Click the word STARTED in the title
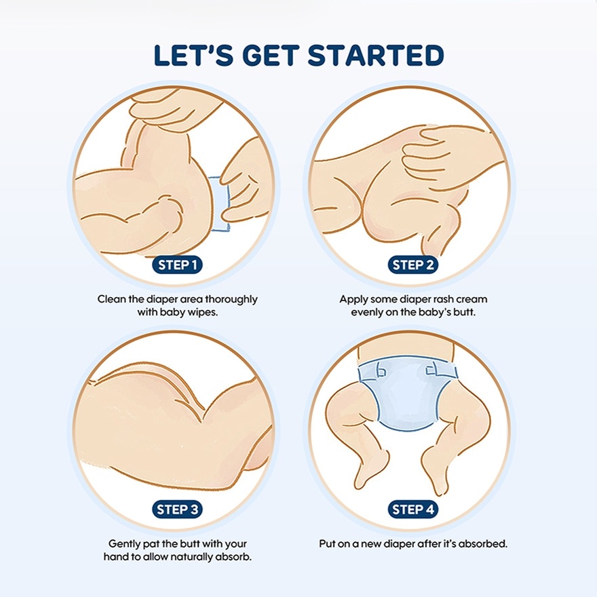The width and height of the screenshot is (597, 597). click(375, 56)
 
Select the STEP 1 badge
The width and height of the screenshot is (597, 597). click(178, 265)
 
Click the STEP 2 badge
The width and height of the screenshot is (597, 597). click(413, 265)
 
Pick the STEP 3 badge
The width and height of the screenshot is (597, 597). click(178, 509)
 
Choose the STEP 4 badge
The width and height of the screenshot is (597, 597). click(413, 509)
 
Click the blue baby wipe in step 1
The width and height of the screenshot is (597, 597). click(219, 204)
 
